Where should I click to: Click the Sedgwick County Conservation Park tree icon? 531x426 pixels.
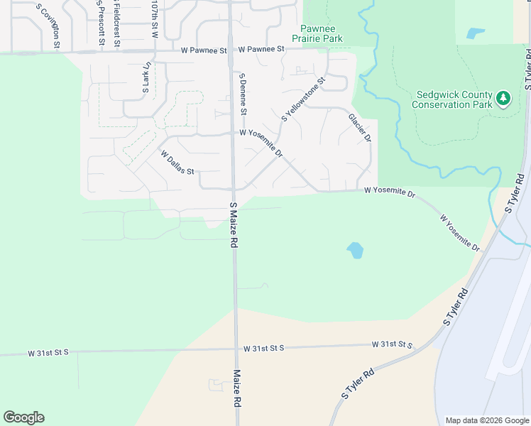tap(503, 98)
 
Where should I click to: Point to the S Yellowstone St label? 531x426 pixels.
tap(303, 99)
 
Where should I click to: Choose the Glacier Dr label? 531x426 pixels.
tap(360, 128)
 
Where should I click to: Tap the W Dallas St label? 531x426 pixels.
tap(177, 163)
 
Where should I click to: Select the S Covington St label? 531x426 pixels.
tap(50, 28)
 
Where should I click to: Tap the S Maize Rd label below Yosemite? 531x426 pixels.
tap(234, 224)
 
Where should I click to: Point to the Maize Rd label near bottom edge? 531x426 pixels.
tap(236, 388)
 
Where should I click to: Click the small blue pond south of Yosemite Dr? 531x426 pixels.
tap(355, 250)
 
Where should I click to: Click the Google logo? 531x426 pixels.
tap(23, 417)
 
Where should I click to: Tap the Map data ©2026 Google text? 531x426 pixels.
tap(487, 420)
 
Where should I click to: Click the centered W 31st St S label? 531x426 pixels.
tap(263, 348)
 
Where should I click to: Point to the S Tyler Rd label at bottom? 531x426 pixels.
tap(358, 384)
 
